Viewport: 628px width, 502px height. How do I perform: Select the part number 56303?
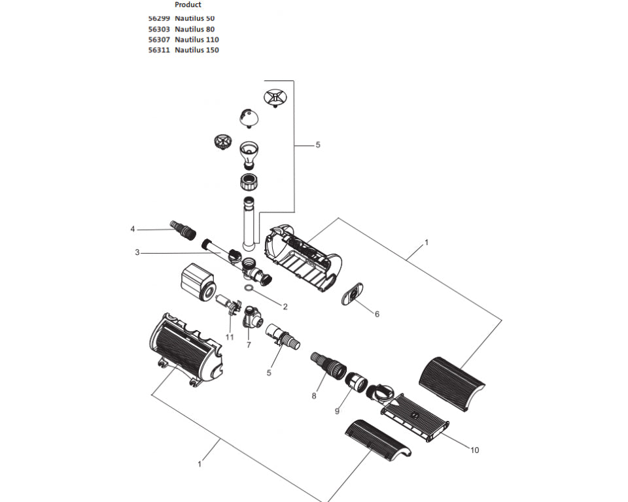tap(159, 29)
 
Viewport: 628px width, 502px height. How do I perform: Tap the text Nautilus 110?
tap(197, 39)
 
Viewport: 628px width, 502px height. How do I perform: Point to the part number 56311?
tap(159, 50)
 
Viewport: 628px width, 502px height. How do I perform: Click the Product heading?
tap(188, 5)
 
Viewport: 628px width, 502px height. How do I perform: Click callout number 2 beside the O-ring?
tap(285, 305)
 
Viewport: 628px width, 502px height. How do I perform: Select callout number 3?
tap(137, 252)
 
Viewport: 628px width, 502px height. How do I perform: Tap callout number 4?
tap(132, 229)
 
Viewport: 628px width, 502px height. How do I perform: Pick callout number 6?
tap(377, 314)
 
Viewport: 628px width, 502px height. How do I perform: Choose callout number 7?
tap(249, 344)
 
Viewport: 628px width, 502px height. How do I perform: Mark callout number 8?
tap(314, 395)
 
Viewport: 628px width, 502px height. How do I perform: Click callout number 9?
tap(337, 411)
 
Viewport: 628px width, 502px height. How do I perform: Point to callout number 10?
tap(475, 450)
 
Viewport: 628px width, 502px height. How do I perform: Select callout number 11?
tap(230, 337)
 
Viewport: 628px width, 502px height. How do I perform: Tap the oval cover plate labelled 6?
tap(354, 295)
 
